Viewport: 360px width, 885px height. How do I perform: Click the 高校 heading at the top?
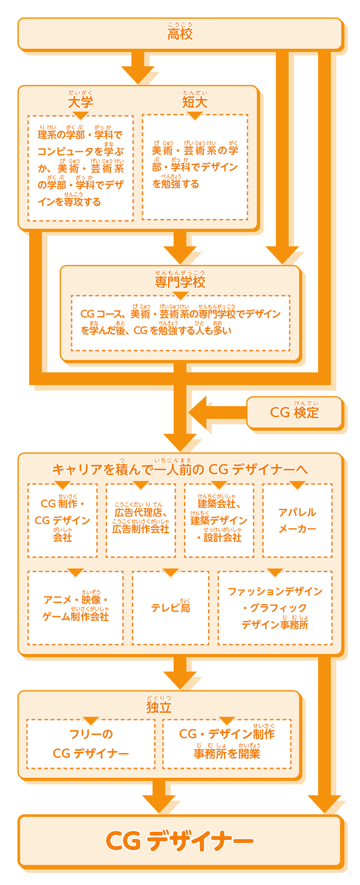point(180,34)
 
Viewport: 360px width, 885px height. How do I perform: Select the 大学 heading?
point(81,102)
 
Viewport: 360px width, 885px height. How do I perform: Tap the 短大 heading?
point(195,102)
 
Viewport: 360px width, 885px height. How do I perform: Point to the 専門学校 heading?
point(180,282)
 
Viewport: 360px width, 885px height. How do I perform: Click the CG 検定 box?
point(294,412)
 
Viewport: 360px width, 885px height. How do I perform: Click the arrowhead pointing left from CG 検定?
point(199,412)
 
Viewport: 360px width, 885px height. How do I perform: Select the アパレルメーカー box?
point(297,520)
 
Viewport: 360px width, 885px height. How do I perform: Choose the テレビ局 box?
point(171,608)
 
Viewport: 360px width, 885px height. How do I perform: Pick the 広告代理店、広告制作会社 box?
point(141,520)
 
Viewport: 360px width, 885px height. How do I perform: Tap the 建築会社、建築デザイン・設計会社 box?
point(219,520)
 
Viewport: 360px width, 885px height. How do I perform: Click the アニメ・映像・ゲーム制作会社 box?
point(75,608)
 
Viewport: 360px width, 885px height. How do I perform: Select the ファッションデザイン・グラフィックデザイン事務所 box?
point(275,608)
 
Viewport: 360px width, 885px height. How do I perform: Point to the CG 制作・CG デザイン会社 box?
point(62,520)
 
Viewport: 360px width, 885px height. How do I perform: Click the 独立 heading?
point(159,707)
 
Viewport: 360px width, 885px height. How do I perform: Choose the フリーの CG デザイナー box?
point(91,744)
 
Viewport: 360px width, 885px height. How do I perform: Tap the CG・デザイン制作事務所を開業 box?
point(227,744)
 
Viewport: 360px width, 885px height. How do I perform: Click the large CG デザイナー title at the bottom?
point(180,841)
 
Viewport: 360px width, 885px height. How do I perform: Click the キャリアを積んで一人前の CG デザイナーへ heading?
point(180,469)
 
